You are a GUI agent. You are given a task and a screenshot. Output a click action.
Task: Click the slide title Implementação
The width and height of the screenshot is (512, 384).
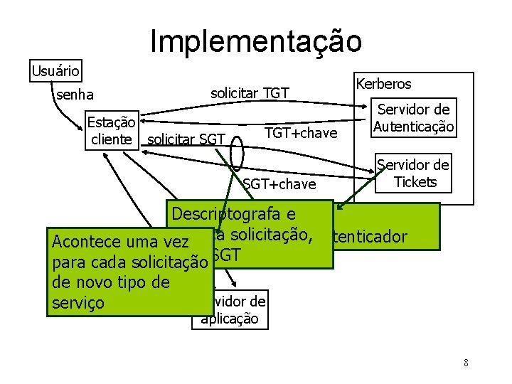coord(256,41)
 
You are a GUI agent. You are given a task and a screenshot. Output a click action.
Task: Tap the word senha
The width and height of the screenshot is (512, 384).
coord(73,94)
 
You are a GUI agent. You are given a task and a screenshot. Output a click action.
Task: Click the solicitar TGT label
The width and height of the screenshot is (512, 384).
coord(250,92)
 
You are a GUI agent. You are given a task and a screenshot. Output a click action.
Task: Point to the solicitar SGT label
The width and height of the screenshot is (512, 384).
coord(186,139)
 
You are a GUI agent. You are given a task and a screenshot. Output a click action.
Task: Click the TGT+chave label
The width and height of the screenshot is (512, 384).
coord(300,132)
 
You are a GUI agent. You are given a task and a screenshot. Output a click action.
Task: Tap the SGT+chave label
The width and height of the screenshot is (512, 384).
coord(279,184)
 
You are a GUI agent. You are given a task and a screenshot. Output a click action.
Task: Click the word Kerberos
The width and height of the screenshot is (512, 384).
coord(384,84)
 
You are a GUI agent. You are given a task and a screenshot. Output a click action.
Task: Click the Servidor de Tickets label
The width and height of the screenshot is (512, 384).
coord(413,174)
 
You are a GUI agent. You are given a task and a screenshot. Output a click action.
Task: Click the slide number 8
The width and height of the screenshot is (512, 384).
coord(465,363)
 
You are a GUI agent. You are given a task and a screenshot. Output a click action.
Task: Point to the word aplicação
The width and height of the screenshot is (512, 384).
coord(230,319)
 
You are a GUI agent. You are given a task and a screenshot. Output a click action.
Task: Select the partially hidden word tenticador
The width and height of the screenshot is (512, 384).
coord(370,237)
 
